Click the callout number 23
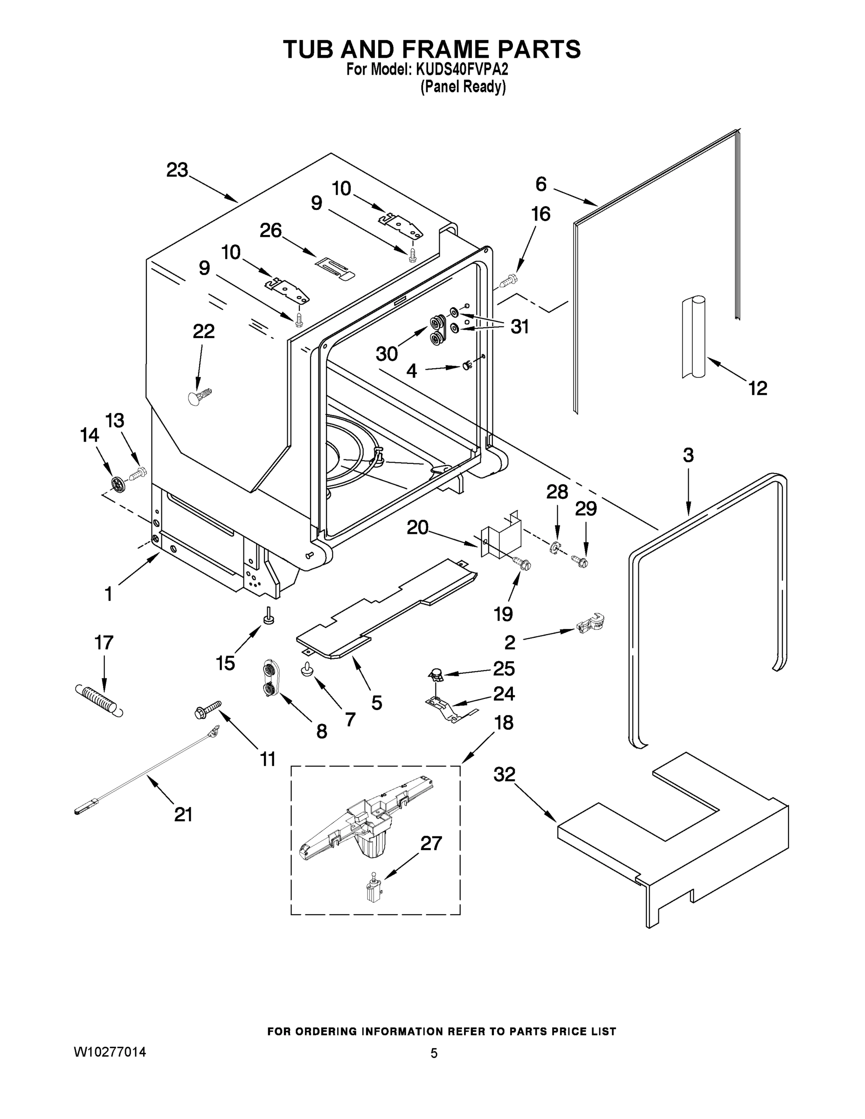(177, 170)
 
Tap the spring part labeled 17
(99, 700)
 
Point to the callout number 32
(504, 774)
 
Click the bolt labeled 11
(208, 709)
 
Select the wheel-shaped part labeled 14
(118, 484)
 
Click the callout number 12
(757, 388)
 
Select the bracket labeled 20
(500, 539)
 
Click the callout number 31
(519, 326)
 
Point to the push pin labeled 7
(307, 669)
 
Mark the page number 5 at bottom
(434, 1053)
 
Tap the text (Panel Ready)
(463, 87)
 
